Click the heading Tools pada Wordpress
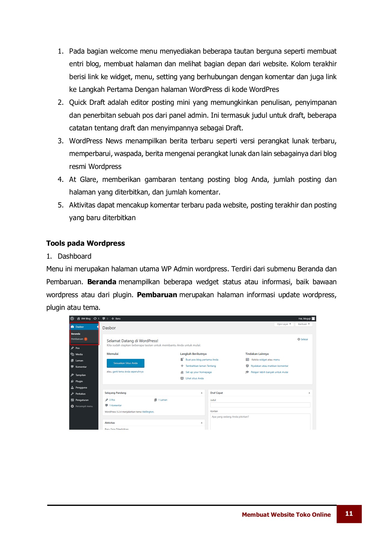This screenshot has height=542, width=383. point(85,243)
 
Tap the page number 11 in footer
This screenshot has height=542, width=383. point(349,514)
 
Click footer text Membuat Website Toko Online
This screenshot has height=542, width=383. point(286,515)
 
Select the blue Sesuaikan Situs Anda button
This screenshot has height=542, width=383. point(125,363)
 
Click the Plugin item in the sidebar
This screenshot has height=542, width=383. point(79,381)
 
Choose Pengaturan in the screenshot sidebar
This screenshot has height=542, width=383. point(82,400)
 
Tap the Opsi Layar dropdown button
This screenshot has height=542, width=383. point(284,324)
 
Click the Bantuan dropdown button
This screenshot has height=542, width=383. point(304,324)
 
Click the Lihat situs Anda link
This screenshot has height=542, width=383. point(194,378)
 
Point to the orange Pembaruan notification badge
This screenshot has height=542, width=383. point(86,339)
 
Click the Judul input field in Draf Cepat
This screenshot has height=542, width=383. point(260,405)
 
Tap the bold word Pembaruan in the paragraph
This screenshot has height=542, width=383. point(157,295)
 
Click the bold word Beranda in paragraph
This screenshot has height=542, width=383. point(102,282)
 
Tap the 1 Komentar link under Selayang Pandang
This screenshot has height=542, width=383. point(115,406)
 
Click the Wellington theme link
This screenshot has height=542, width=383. point(148,412)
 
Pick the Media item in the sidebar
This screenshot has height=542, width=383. point(79,354)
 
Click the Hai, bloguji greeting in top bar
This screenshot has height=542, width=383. point(304,319)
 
